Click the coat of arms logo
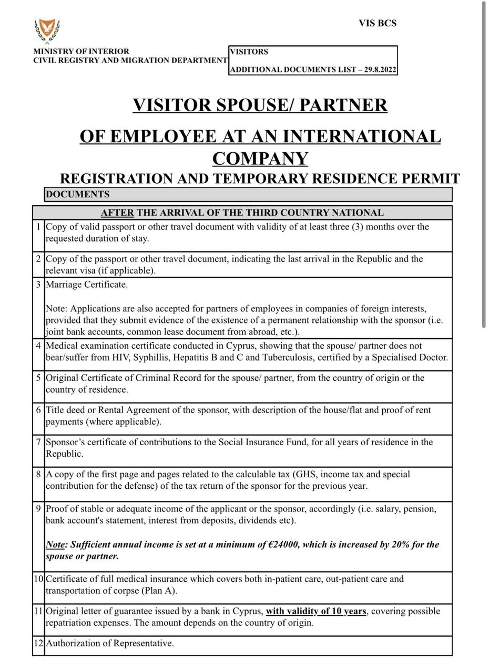coord(47,30)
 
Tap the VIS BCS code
coord(378,24)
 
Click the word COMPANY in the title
coord(260,158)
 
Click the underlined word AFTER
coord(117,213)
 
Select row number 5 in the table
coord(38,378)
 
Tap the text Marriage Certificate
coord(87,285)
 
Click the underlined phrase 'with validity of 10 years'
coord(316,611)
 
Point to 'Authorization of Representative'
coord(109,643)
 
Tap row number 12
coord(38,643)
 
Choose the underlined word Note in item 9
coord(55,544)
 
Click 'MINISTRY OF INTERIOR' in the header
coord(81,51)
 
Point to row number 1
coord(38,227)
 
